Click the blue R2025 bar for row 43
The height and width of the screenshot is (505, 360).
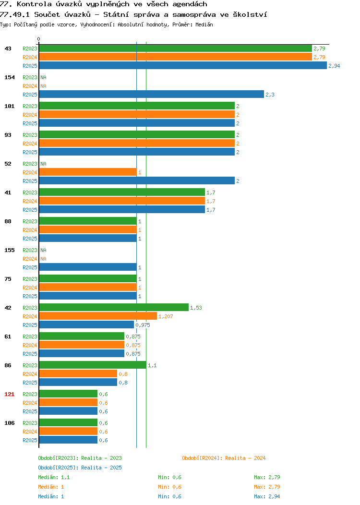[x=183, y=66]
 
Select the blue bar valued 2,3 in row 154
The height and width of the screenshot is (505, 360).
[x=152, y=95]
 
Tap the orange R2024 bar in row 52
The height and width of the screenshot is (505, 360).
[x=88, y=172]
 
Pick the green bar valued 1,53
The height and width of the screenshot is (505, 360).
[x=114, y=308]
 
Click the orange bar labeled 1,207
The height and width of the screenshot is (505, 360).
[x=98, y=316]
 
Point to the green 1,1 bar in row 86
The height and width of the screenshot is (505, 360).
[x=93, y=365]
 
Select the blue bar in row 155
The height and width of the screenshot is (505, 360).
[x=88, y=267]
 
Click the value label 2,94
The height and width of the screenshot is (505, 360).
[x=334, y=66]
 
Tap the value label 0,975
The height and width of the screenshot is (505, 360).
[x=143, y=325]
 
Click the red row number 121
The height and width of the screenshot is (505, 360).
[x=9, y=394]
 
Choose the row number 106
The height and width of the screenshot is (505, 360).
[x=9, y=423]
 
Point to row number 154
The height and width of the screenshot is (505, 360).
[x=9, y=77]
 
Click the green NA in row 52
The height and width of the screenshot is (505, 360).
[x=44, y=164]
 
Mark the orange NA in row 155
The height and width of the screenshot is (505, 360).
[x=44, y=259]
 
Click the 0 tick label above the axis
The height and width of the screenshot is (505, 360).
[x=39, y=39]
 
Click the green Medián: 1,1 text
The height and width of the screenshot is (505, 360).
[x=54, y=477]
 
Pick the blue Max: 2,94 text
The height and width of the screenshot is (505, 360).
[x=267, y=497]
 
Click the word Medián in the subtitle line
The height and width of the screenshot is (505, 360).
[x=204, y=24]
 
